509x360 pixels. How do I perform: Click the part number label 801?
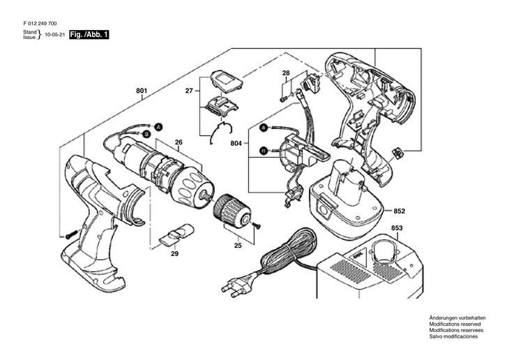(142, 91)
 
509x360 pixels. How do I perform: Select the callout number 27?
(189, 91)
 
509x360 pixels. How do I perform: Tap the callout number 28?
(286, 73)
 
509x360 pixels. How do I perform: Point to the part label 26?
(178, 142)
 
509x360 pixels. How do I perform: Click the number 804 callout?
(236, 143)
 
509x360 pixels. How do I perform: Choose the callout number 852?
(400, 211)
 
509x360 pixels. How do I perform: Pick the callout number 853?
(397, 228)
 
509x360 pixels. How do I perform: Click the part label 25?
(238, 246)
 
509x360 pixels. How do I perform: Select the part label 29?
(174, 253)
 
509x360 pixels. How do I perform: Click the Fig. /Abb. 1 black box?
(89, 35)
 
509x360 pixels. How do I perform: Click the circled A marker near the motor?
(158, 128)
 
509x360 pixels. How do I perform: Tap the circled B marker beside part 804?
(264, 151)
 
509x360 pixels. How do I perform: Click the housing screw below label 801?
(71, 234)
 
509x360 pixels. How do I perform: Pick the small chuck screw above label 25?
(257, 225)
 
